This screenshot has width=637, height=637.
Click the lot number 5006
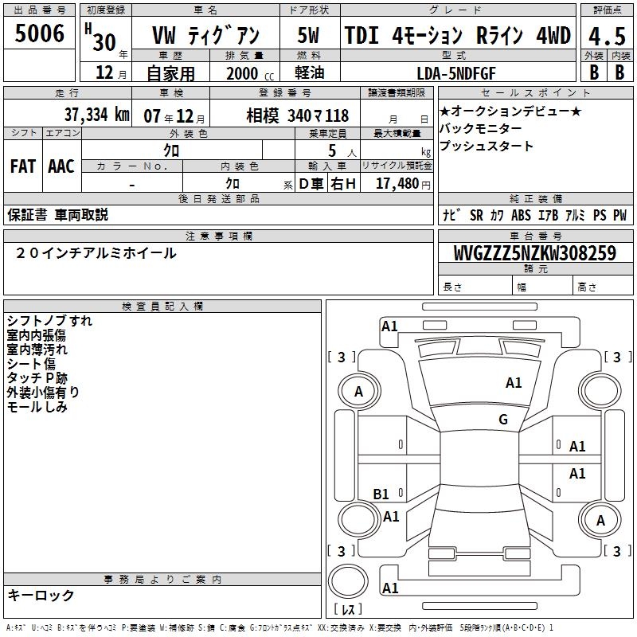click(39, 33)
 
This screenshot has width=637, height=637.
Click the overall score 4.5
click(607, 36)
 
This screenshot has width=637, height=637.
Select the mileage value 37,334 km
click(96, 115)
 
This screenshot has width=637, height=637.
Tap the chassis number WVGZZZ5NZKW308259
click(535, 252)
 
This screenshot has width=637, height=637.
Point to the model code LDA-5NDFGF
click(456, 73)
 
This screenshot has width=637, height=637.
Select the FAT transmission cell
click(23, 166)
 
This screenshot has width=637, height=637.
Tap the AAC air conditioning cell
click(61, 166)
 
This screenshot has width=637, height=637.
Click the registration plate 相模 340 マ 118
click(297, 115)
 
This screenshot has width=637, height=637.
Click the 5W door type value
click(308, 35)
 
